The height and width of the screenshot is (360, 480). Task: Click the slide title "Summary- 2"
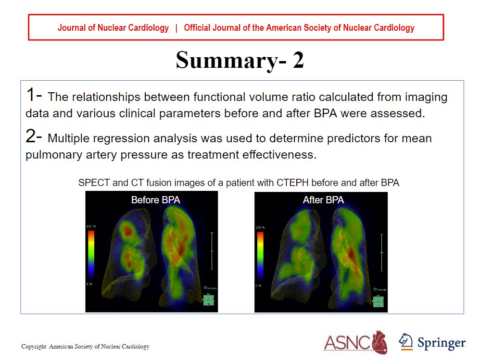point(240,61)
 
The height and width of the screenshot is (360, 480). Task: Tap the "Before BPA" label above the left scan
point(155,200)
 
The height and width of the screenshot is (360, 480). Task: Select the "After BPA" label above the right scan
point(323,200)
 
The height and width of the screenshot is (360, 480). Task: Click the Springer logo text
point(441,343)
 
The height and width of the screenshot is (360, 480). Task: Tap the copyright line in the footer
point(85,347)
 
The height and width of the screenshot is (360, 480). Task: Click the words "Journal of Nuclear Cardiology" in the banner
point(113,28)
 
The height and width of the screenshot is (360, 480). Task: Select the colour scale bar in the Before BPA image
point(91,255)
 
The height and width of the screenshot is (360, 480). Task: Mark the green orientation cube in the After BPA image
point(378,301)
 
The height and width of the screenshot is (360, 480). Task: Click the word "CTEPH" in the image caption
point(293,183)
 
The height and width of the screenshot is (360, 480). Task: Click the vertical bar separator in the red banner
point(176,28)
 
